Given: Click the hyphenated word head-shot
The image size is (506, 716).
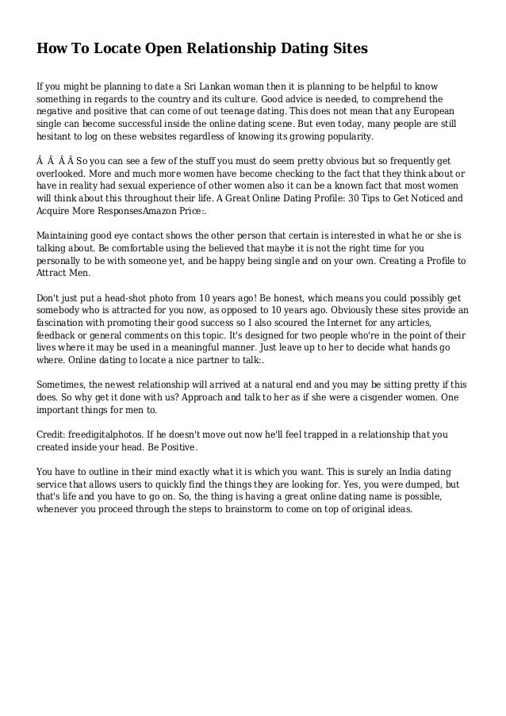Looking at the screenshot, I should click(143, 298).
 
